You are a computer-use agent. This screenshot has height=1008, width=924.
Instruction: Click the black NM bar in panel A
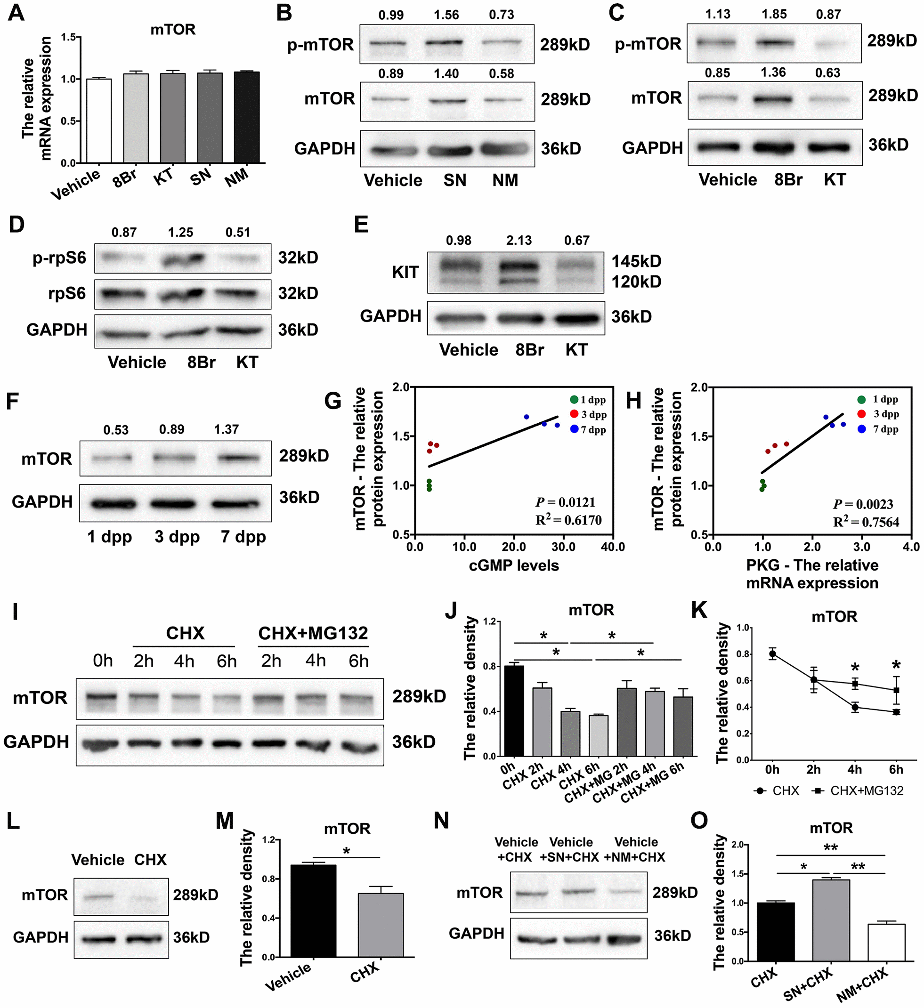pos(247,118)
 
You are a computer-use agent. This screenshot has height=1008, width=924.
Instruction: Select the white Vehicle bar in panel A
pos(99,121)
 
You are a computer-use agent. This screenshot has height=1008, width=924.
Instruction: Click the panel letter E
pos(361,225)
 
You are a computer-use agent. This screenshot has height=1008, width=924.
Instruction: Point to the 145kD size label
pos(636,261)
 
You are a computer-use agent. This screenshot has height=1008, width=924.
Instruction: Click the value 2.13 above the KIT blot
pos(519,241)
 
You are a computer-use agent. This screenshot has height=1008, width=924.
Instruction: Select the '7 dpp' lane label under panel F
pos(243,537)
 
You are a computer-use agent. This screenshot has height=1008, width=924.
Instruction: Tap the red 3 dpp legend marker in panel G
pos(574,414)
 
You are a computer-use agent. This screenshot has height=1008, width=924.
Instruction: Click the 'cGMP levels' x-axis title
pos(514,565)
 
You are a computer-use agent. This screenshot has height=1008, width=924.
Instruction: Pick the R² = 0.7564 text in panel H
pos(866,522)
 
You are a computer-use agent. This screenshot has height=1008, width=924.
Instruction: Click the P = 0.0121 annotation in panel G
pos(565,502)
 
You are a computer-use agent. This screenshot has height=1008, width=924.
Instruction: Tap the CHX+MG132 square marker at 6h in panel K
pos(896,691)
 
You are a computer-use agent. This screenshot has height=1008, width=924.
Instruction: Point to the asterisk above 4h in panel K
pos(855,668)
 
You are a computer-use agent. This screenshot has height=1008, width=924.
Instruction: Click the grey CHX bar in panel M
pos(381,925)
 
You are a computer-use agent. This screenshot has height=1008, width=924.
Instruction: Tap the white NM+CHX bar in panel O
pos(886,943)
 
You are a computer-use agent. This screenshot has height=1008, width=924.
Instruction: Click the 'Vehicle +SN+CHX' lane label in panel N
pos(570,849)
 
